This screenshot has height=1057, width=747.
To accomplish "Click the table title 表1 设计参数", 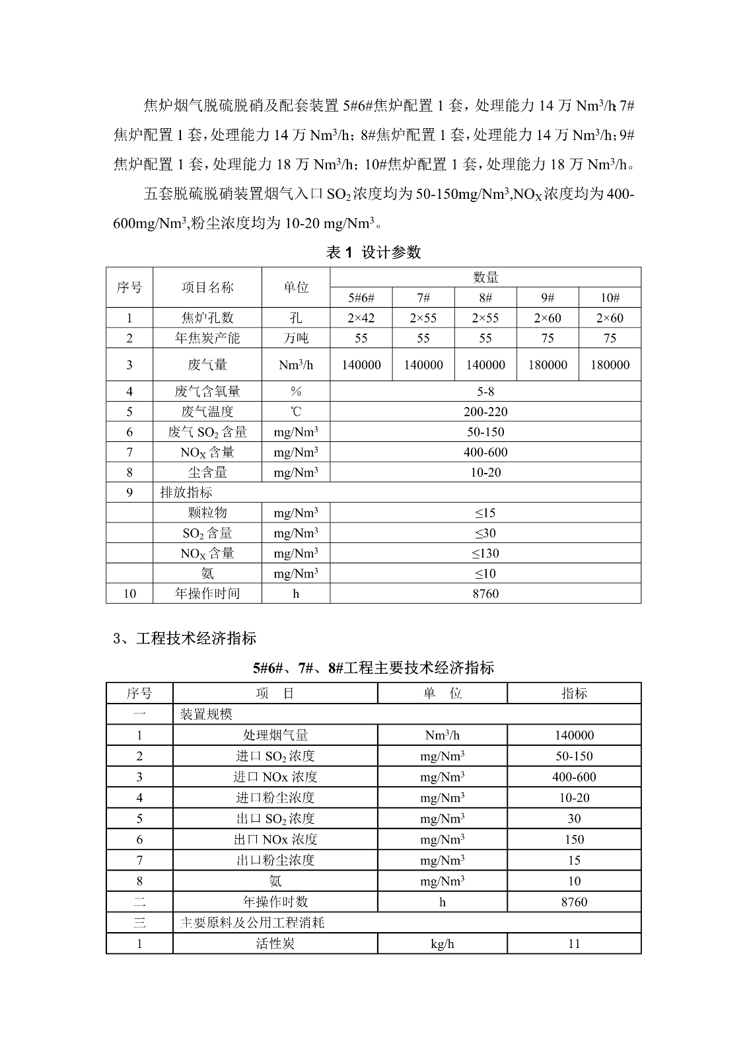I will pos(373,252).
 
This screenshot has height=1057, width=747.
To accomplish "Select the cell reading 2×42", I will pos(361,318).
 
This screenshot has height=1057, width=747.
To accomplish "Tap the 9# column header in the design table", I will pos(548,297).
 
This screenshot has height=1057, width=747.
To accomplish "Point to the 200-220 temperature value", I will pos(485,412).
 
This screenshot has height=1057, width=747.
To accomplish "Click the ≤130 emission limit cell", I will pos(485,553).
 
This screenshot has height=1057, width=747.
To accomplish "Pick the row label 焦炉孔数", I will pos(207,318).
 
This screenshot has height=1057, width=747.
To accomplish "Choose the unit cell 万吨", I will pos(296,338).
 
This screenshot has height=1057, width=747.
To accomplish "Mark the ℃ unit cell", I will pos(296,412).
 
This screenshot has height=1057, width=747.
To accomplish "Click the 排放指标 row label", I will pos(186,492).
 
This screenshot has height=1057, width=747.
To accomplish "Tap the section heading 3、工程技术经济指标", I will pos(185,638).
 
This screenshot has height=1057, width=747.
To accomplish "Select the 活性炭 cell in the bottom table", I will pos(275,943).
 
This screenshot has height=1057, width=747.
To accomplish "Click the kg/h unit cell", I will pos(443,943).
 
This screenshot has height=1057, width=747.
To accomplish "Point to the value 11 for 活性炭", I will pos(574,943).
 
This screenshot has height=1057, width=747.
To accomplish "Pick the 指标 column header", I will pos(574,693).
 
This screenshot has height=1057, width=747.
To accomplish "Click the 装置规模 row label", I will pos(206,714).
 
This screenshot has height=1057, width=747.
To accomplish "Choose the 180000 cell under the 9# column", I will pos(548,365).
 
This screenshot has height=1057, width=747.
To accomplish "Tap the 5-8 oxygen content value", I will pos(485,391).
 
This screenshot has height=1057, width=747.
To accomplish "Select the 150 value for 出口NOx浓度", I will pos(574,839).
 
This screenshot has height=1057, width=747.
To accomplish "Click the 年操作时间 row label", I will pos(207,593).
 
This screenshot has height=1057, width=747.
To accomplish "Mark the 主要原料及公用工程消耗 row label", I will pos(252,923).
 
